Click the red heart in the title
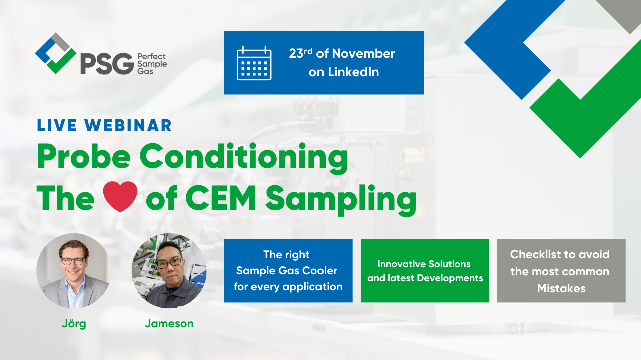coord(120,197)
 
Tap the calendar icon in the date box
coord(254,63)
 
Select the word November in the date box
coord(364,54)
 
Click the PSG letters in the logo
coord(107,63)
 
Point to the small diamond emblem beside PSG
coord(56,53)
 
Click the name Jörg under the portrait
coord(74,324)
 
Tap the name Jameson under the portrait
coord(169,323)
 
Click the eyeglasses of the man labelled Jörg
coord(73,261)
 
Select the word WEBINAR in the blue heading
coord(128,125)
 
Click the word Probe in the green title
coord(84,157)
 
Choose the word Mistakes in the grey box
coord(561,288)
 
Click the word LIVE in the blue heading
coord(57,125)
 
